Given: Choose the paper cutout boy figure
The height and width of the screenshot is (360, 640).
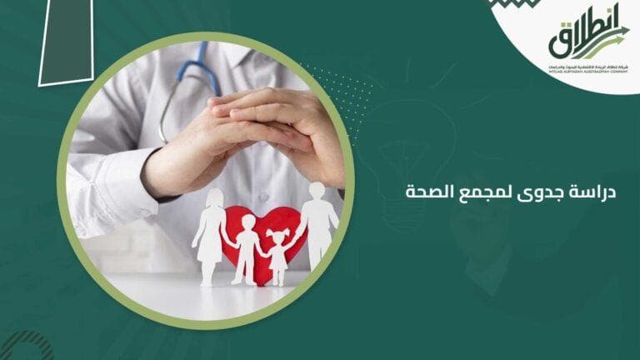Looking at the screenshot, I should coord(246,247).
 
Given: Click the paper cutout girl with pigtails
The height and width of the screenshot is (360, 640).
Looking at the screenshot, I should coord(280,250).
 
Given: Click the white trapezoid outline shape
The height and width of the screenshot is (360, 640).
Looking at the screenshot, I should coord(67,42).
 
